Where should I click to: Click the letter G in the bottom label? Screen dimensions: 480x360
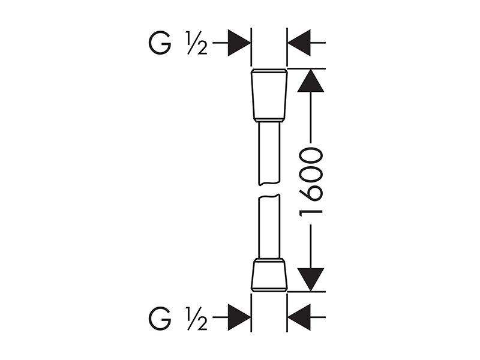[160, 318]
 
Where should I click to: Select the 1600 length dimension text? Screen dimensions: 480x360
[311, 182]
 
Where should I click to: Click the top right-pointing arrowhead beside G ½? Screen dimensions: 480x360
[239, 43]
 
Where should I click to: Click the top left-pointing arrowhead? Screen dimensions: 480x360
[299, 43]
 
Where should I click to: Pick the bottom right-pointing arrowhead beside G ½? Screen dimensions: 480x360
[239, 317]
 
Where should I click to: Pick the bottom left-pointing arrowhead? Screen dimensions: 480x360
[299, 317]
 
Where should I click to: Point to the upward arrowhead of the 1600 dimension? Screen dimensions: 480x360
[310, 81]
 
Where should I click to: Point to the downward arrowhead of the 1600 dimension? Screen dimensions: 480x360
[310, 280]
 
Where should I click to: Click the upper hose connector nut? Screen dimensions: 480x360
[269, 95]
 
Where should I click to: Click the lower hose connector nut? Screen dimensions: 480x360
[269, 275]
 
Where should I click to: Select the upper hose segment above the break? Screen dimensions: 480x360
[269, 154]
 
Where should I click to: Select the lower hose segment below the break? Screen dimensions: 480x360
[269, 227]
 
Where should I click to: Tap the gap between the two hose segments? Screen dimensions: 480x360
[269, 190]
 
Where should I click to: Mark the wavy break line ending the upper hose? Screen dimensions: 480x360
[269, 184]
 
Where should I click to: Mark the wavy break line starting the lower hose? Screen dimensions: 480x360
[269, 196]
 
